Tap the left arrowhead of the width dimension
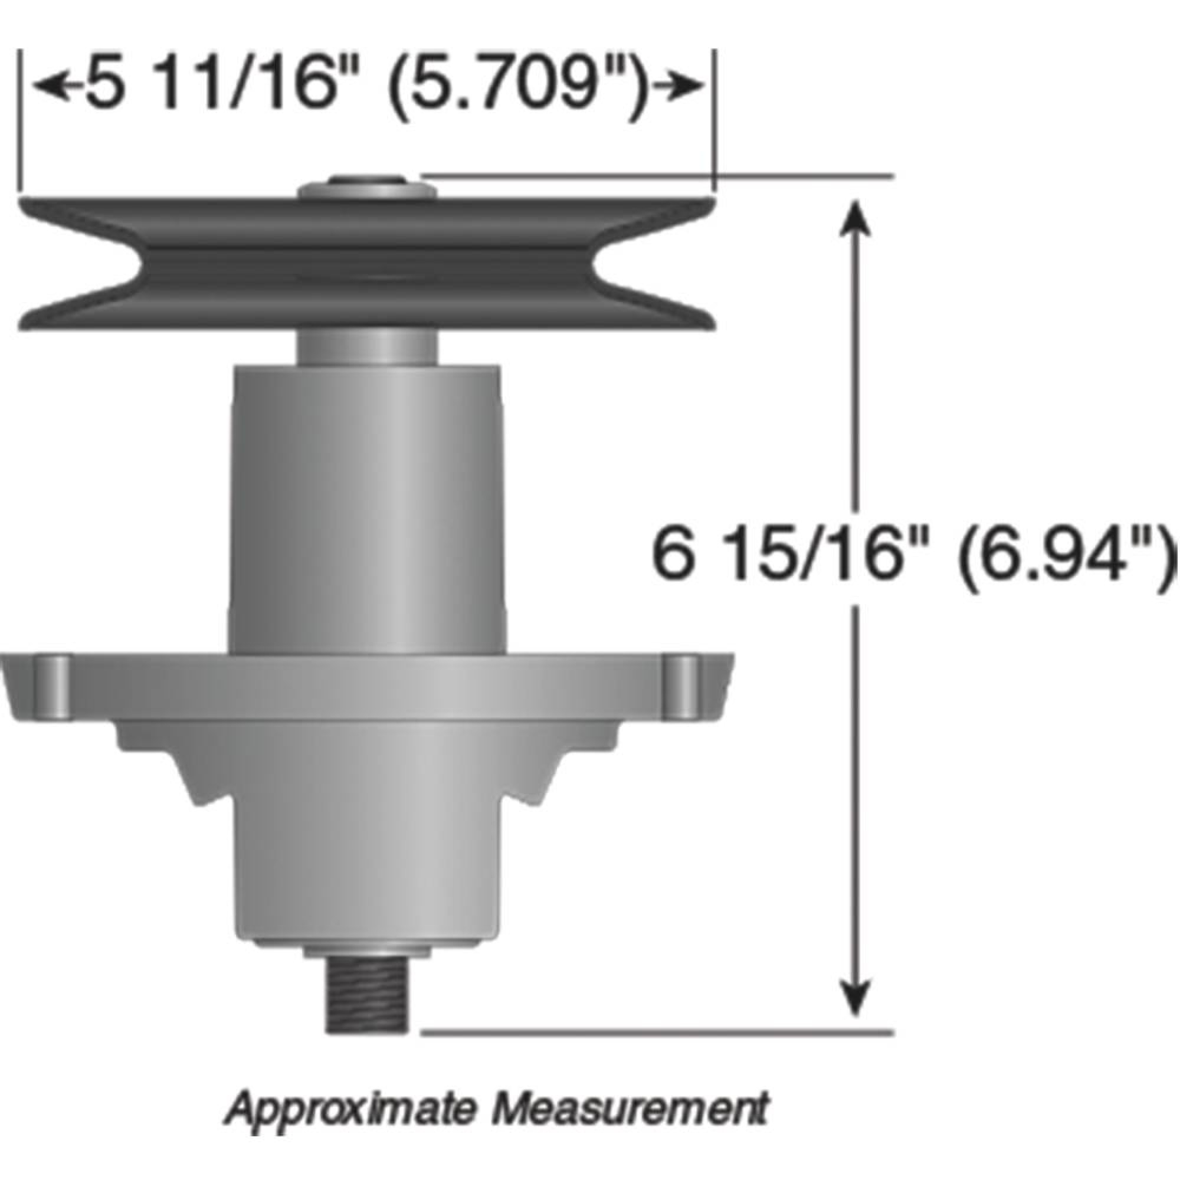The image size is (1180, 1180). (49, 86)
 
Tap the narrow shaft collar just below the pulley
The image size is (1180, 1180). (367, 345)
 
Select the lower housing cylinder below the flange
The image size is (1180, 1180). (367, 855)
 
